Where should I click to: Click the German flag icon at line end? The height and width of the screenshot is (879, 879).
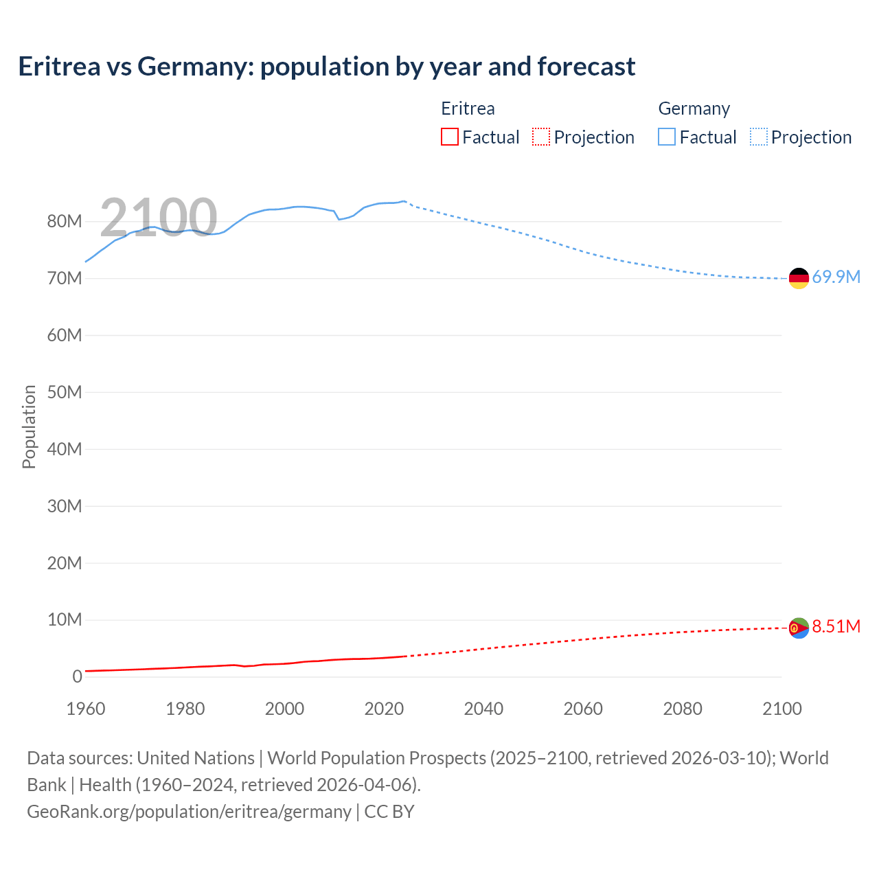tap(799, 278)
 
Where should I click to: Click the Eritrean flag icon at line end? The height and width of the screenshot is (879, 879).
tap(799, 628)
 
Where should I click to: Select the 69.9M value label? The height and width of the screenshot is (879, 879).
tap(836, 277)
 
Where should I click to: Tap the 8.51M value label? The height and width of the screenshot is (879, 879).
tap(836, 627)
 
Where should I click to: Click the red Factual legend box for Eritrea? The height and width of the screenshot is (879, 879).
tap(449, 137)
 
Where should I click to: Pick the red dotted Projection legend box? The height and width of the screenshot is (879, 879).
tap(541, 137)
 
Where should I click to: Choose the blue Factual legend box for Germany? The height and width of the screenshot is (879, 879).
tap(667, 137)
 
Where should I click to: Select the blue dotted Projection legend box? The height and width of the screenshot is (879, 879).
tap(758, 137)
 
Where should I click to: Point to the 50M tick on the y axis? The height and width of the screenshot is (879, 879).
tap(64, 392)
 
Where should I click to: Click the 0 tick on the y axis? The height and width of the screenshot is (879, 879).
tap(77, 677)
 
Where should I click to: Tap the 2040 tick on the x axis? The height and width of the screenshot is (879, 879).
tap(483, 709)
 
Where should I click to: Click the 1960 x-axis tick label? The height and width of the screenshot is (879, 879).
tap(86, 709)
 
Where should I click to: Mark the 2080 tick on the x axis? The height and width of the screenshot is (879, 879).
tap(683, 709)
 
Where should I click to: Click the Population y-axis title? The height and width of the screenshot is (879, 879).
tap(29, 426)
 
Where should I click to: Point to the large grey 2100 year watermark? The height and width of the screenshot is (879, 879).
tap(159, 218)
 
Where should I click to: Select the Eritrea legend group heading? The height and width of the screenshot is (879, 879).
tap(468, 109)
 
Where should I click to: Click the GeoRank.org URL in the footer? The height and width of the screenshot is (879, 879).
tap(189, 812)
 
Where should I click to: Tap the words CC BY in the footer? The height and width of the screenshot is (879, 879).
tap(389, 812)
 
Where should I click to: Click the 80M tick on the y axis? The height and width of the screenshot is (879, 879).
tap(64, 222)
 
